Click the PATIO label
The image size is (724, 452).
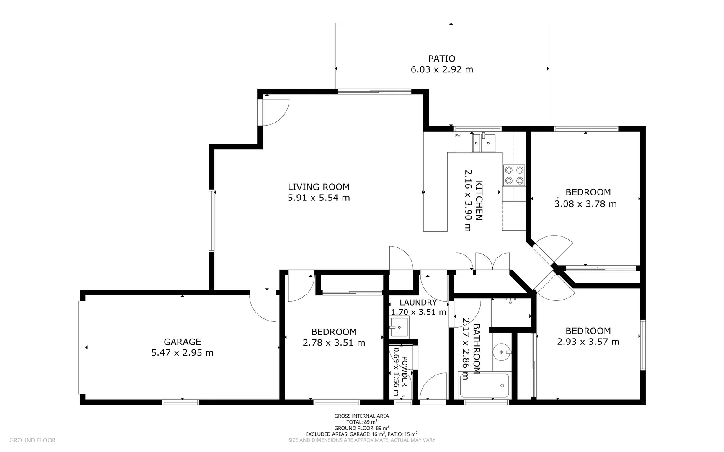tap(441, 59)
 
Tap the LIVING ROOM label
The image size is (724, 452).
tap(318, 187)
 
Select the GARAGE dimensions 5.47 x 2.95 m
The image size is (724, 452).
tap(182, 353)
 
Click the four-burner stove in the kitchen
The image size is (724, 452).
tap(514, 175)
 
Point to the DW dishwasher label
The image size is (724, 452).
tap(457, 135)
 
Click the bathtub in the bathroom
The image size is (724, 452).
tap(484, 385)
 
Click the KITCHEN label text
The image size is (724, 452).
tap(479, 200)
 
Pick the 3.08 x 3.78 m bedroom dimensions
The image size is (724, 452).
tap(585, 204)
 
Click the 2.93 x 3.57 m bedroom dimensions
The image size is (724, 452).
tap(587, 342)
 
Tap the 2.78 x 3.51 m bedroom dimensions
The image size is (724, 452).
tap(334, 343)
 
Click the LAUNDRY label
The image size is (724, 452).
tap(417, 303)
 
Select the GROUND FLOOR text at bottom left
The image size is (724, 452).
tap(32, 440)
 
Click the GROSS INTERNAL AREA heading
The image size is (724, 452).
tap(361, 416)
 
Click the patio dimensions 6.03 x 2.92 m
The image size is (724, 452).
tap(441, 69)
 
